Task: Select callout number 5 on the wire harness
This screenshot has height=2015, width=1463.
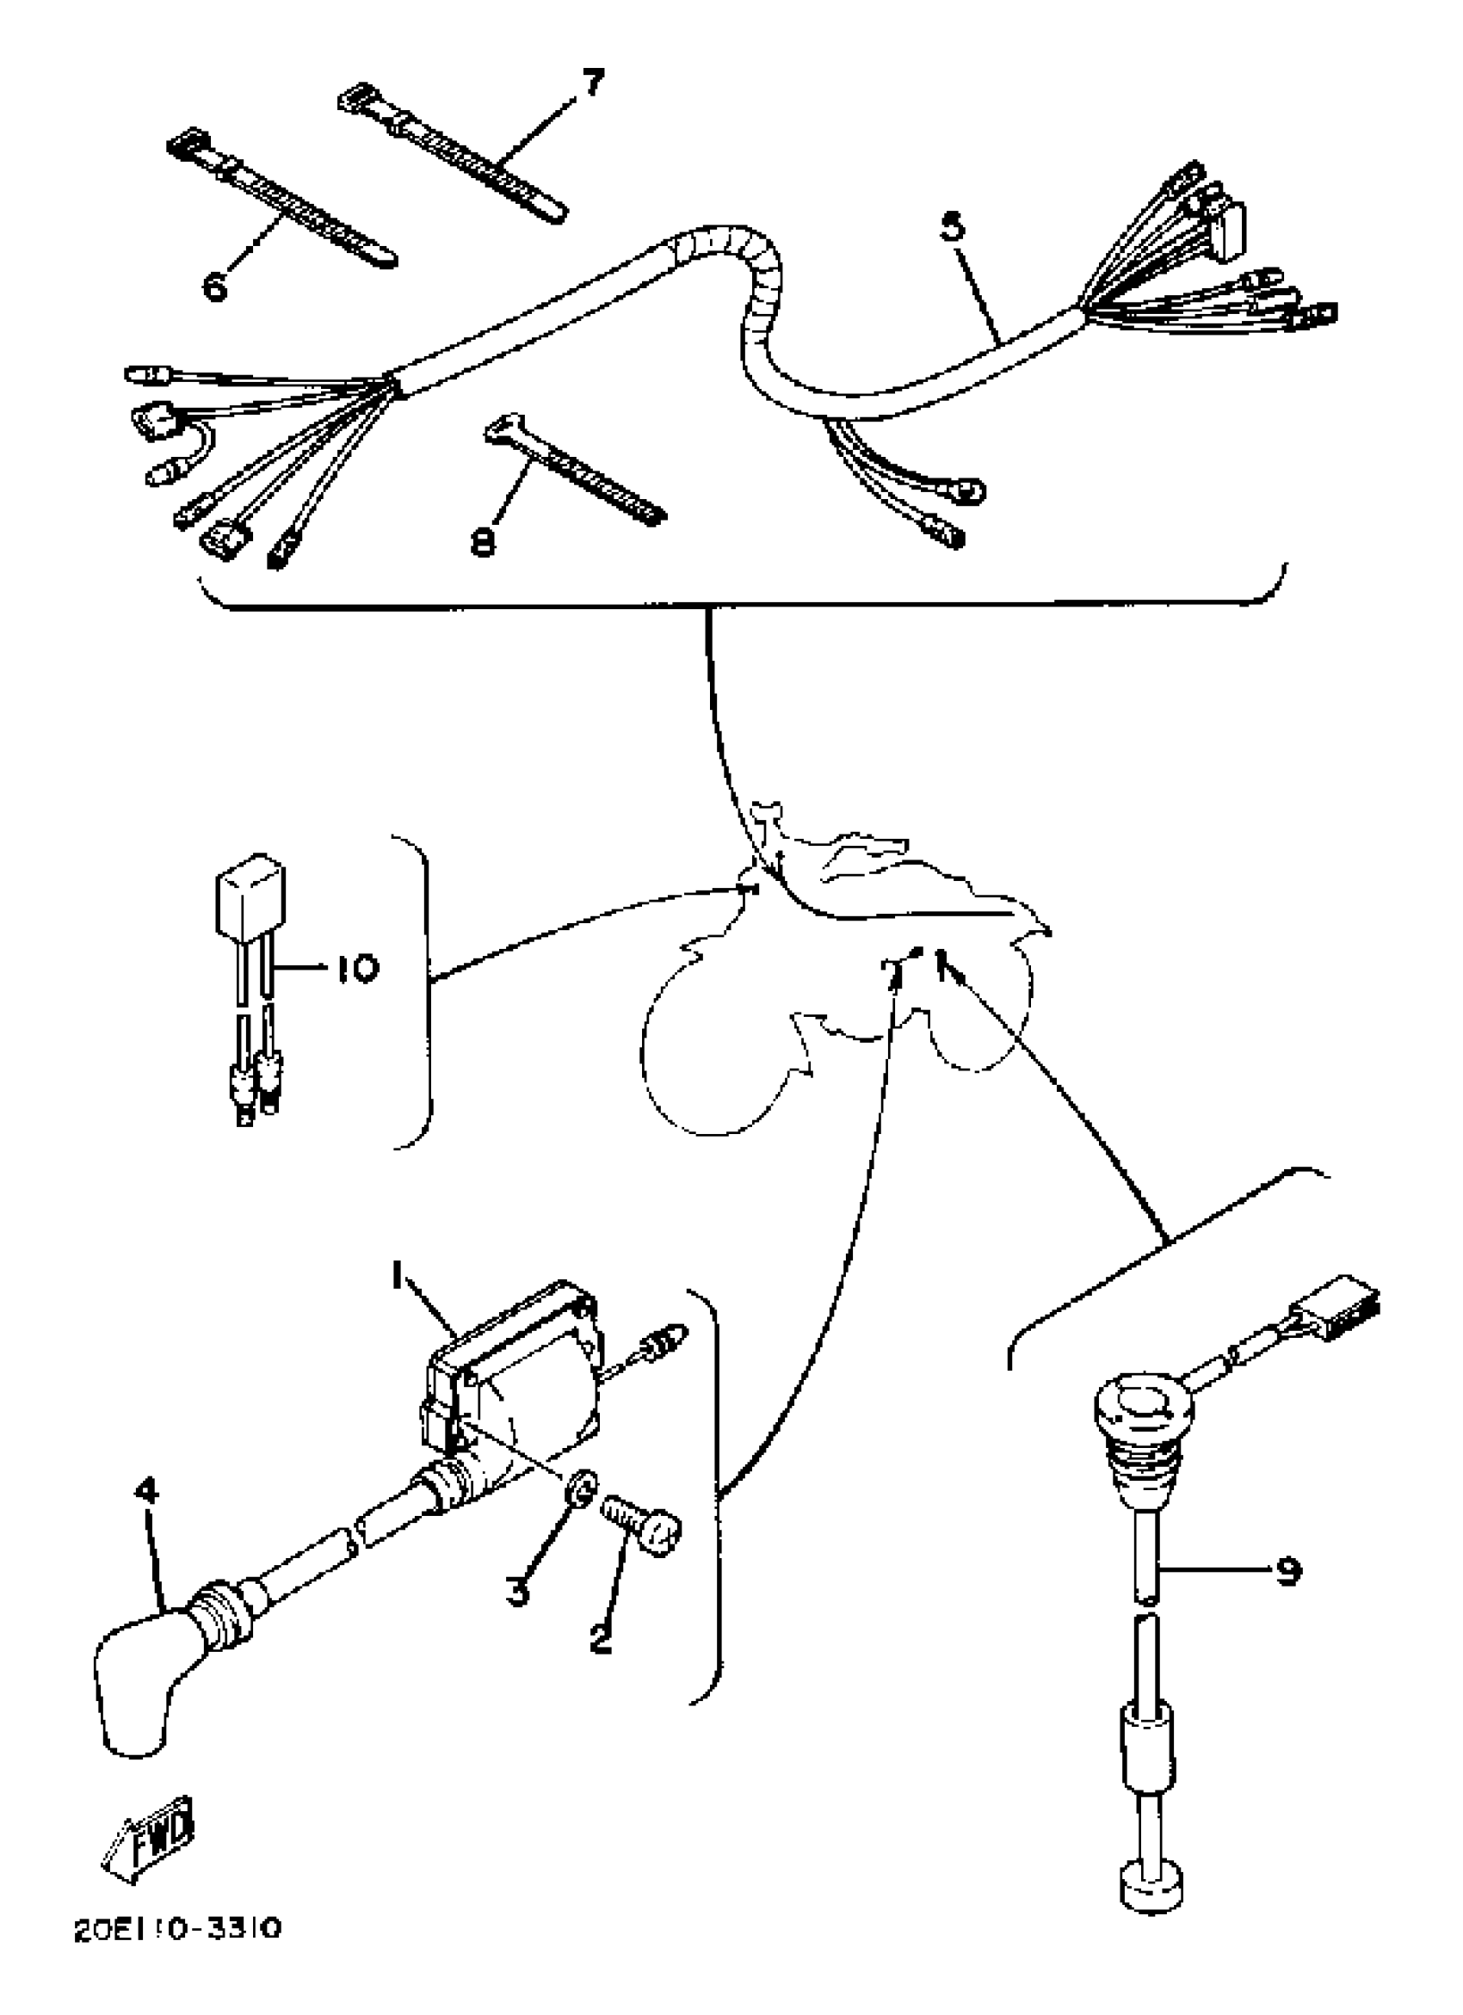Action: [x=951, y=227]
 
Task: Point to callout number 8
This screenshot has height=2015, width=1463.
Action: [x=484, y=540]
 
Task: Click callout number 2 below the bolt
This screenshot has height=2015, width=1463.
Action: [x=602, y=1637]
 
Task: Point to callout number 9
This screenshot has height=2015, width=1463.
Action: [x=1288, y=1571]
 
